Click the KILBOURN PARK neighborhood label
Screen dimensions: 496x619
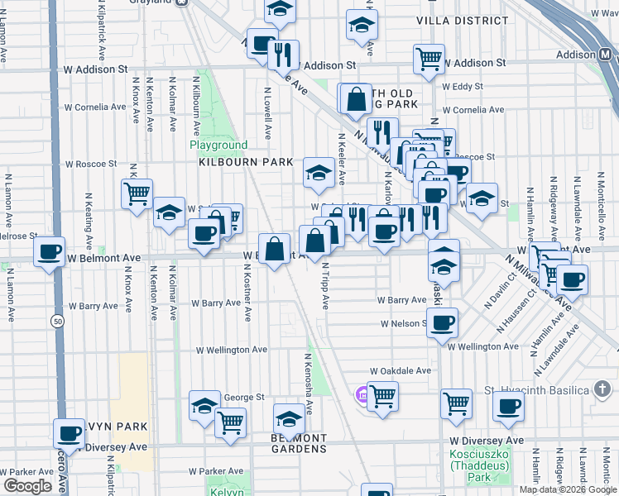tap(235, 163)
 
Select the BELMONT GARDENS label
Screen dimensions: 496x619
tap(300, 443)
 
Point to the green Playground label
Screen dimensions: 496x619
tap(218, 145)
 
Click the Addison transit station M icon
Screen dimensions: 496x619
tap(605, 55)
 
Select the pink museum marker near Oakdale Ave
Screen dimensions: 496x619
tap(361, 395)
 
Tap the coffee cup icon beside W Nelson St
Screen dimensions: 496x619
tap(444, 322)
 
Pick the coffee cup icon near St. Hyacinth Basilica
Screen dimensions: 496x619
tap(508, 405)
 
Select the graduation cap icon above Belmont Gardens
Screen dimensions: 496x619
tap(289, 417)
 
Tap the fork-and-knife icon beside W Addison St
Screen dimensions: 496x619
tap(284, 55)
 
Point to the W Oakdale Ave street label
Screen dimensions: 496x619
tap(401, 371)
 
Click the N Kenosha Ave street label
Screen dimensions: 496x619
tap(308, 384)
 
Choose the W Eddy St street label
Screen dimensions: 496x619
tap(462, 86)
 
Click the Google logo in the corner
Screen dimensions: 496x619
tap(27, 486)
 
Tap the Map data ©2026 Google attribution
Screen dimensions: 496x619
tap(568, 489)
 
